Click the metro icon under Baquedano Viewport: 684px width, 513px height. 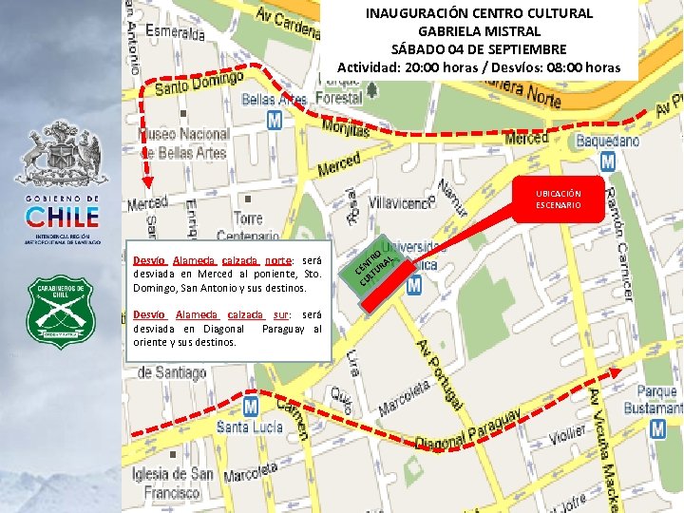607,161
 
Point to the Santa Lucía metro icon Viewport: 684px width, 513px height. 251,407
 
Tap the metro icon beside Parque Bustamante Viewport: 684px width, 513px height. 657,428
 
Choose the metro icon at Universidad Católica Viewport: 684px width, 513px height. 414,285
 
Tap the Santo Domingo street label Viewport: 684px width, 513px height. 199,83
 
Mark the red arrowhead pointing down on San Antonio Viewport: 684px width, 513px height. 147,183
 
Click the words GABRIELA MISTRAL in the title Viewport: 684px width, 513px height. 479,30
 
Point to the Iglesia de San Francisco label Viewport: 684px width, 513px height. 174,484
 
